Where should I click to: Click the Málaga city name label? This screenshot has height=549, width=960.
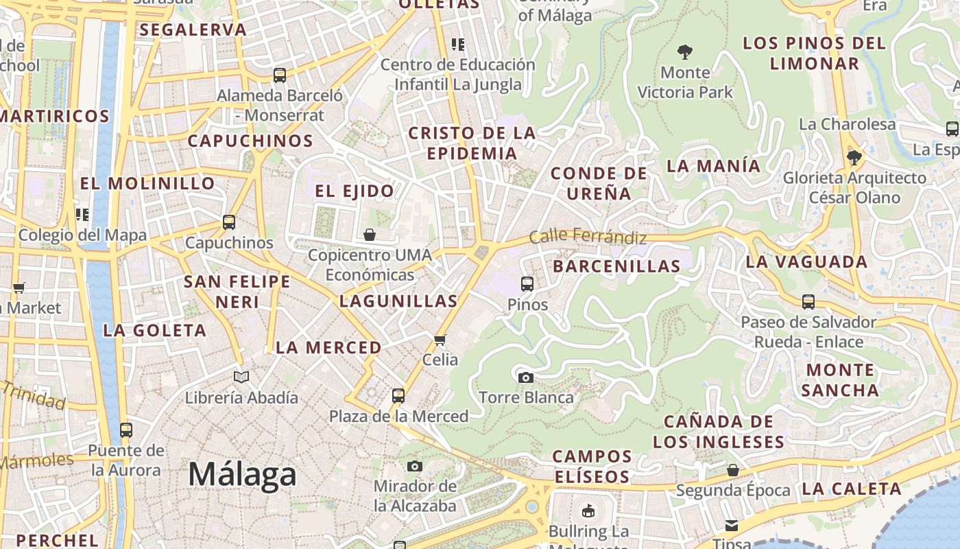tap(242, 474)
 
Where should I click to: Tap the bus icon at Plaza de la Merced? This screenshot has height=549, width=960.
tap(398, 396)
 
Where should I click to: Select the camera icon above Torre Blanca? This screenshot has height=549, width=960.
tap(526, 377)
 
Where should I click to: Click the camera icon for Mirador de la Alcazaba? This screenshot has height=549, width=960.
tap(414, 467)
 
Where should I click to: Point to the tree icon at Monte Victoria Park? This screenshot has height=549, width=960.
tap(684, 51)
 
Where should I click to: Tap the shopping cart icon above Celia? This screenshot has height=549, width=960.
tap(440, 340)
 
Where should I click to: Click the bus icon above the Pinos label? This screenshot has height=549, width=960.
tap(527, 283)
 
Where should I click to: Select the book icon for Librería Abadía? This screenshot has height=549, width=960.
tap(241, 377)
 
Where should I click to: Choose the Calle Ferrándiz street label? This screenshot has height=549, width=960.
tap(588, 237)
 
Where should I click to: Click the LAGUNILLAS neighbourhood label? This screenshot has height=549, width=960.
tap(398, 301)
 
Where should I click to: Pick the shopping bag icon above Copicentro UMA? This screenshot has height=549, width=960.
tap(370, 235)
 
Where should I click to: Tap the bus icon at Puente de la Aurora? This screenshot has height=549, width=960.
tap(126, 430)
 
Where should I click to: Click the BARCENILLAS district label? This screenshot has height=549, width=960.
tap(616, 266)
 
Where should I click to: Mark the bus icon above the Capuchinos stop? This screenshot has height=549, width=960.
tap(229, 222)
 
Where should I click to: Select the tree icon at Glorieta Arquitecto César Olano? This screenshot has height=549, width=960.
tap(854, 158)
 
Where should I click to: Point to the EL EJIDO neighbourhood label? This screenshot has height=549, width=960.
tap(355, 191)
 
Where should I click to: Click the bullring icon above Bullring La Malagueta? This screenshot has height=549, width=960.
tap(588, 511)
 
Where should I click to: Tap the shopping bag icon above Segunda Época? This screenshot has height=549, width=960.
tap(733, 470)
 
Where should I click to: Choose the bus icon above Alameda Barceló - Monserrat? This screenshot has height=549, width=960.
tap(280, 75)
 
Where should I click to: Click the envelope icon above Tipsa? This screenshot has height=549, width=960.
tap(732, 526)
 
